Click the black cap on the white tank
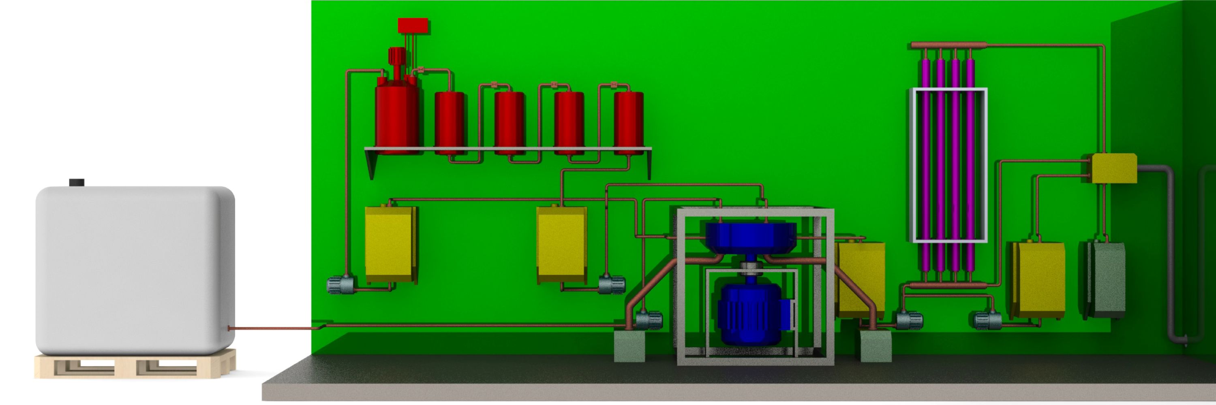(x=77, y=183)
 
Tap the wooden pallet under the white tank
(x=135, y=367)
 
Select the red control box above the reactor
(x=413, y=26)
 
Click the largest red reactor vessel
(x=396, y=118)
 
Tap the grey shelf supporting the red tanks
(x=507, y=149)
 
